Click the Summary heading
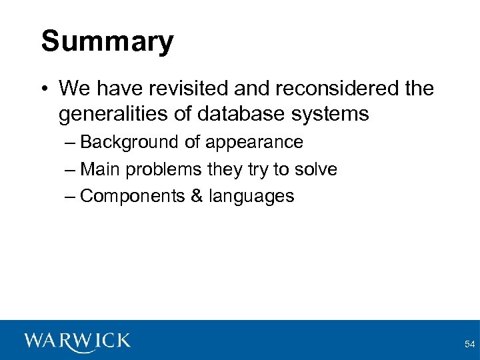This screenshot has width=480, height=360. [x=107, y=41]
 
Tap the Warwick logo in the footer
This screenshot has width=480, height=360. [x=77, y=341]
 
